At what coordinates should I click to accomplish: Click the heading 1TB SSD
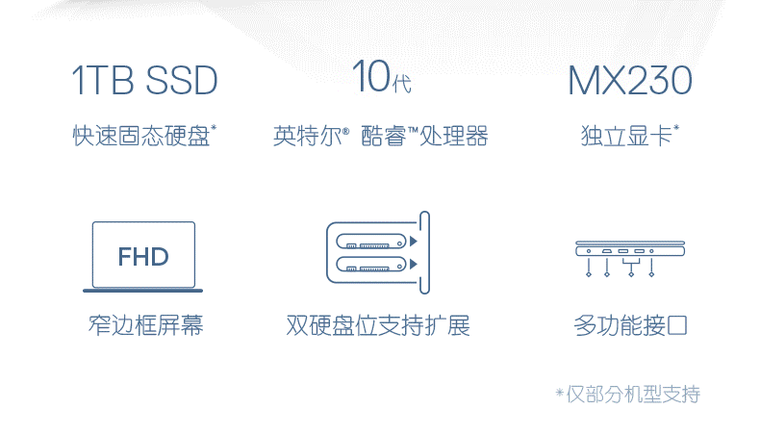click(x=144, y=81)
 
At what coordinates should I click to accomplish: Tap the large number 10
click(x=370, y=76)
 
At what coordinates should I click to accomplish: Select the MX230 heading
click(x=629, y=81)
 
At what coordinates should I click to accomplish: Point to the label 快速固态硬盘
click(x=141, y=136)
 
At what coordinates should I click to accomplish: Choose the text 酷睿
click(x=384, y=136)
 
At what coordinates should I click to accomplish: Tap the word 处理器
click(x=454, y=136)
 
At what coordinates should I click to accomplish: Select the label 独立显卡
click(x=625, y=136)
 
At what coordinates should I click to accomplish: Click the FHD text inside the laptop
click(x=143, y=257)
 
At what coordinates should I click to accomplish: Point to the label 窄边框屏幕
click(x=145, y=325)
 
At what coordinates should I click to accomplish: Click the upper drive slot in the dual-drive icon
click(x=371, y=241)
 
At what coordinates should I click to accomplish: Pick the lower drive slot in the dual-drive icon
click(x=371, y=265)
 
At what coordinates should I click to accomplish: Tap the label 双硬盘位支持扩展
click(x=378, y=325)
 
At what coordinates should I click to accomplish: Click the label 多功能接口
click(x=630, y=325)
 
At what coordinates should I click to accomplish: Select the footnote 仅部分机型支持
click(x=633, y=395)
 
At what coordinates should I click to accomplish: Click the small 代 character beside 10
click(x=402, y=84)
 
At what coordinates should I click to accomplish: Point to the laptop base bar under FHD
click(x=143, y=291)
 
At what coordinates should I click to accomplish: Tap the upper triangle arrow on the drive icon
click(x=414, y=241)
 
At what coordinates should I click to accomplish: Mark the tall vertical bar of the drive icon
click(x=424, y=253)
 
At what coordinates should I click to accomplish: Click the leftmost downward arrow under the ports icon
click(x=589, y=268)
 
